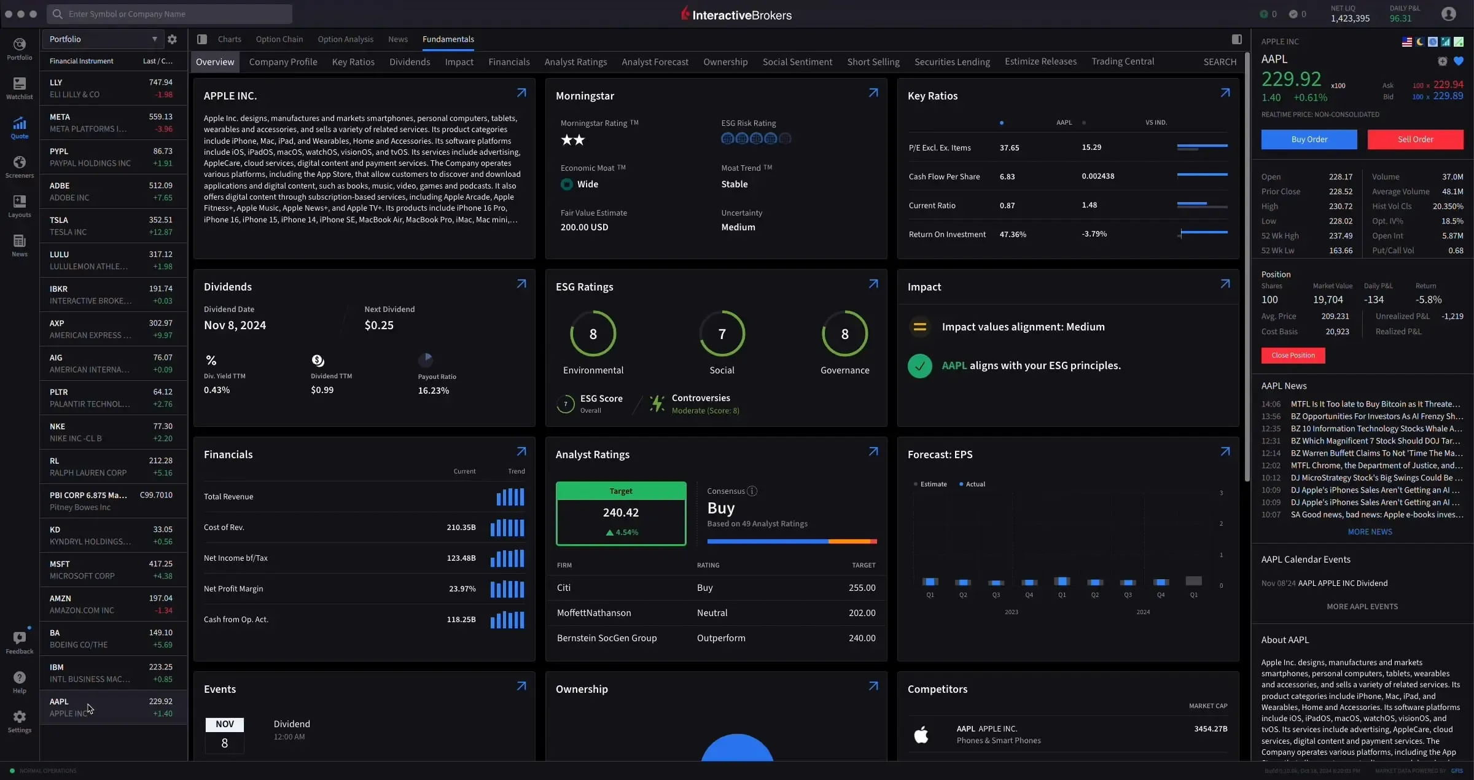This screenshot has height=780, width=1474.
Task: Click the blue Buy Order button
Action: pyautogui.click(x=1309, y=139)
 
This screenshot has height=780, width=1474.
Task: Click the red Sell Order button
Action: pyautogui.click(x=1415, y=139)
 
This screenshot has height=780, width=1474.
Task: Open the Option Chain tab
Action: pyautogui.click(x=279, y=39)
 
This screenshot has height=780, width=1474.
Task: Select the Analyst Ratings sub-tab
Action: pyautogui.click(x=575, y=62)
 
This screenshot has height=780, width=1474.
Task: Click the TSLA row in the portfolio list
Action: pyautogui.click(x=111, y=226)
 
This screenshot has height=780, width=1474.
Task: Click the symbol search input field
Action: pyautogui.click(x=172, y=14)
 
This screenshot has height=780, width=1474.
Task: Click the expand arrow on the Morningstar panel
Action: pyautogui.click(x=873, y=93)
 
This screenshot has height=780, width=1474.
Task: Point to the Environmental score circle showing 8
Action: pyautogui.click(x=593, y=334)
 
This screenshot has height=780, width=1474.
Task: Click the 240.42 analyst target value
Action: pyautogui.click(x=620, y=513)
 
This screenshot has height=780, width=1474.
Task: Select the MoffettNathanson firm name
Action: pyautogui.click(x=593, y=613)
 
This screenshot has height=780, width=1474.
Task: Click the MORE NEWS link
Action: pyautogui.click(x=1370, y=532)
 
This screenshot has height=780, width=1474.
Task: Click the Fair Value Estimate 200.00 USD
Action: pyautogui.click(x=584, y=227)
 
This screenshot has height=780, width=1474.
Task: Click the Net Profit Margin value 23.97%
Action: pyautogui.click(x=462, y=589)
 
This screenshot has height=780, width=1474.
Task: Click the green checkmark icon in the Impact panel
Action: pyautogui.click(x=919, y=366)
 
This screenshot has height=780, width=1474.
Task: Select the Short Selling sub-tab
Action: pyautogui.click(x=873, y=62)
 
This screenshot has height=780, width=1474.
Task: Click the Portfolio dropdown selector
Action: pyautogui.click(x=102, y=39)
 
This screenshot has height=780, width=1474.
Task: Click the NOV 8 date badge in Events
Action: pyautogui.click(x=224, y=735)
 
